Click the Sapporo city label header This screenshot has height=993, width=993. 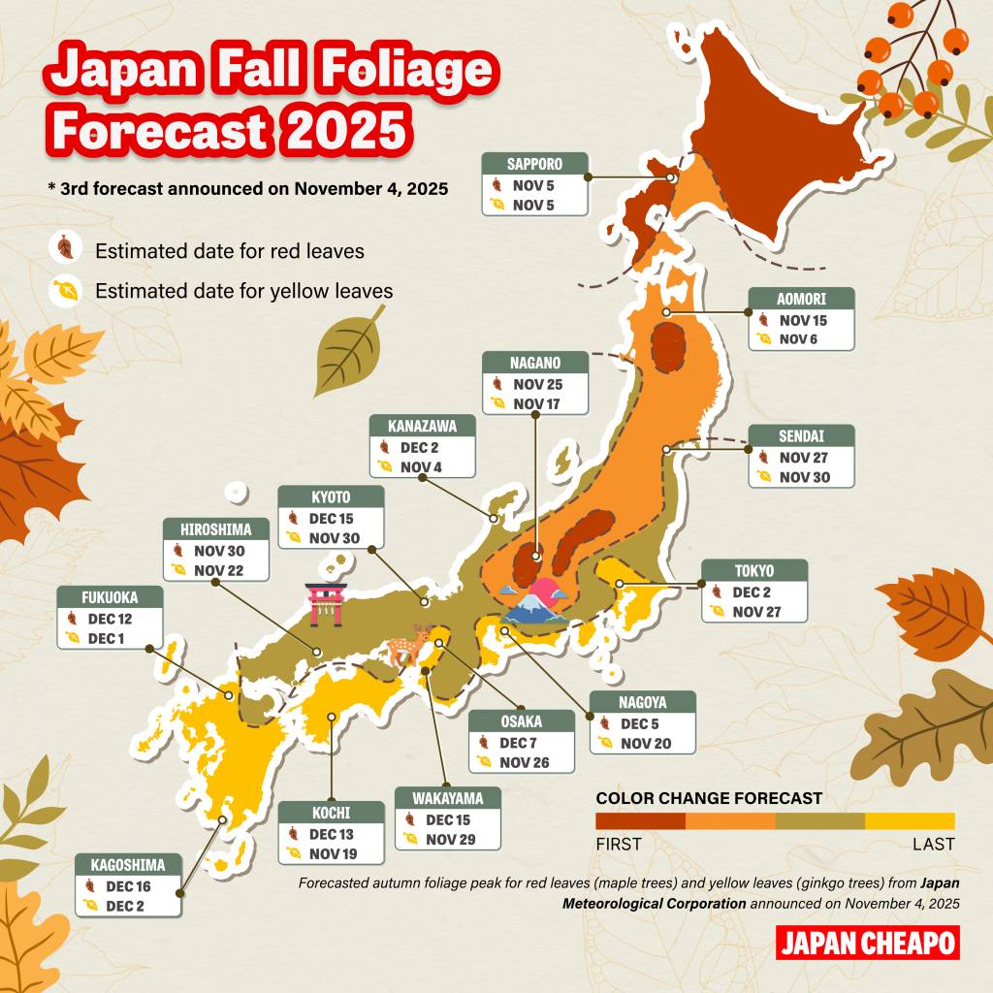534,164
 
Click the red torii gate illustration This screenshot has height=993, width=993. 326,604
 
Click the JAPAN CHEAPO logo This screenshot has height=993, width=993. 867,943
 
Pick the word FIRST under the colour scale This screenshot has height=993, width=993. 619,844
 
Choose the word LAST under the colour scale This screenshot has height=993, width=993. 933,844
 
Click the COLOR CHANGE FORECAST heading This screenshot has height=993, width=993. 709,798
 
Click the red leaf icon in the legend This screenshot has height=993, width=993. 65,249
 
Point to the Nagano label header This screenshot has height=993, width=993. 535,364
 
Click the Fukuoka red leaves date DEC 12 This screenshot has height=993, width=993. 110,619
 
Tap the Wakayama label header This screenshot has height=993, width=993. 448,798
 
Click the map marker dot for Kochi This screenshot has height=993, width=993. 332,717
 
